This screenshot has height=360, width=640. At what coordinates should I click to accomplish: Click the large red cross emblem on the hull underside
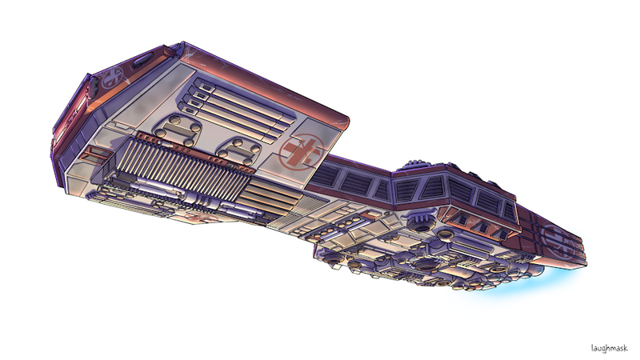click(302, 151)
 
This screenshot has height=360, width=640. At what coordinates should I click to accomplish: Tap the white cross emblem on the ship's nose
click(112, 78)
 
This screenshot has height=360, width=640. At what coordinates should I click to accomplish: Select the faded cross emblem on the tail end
click(558, 242)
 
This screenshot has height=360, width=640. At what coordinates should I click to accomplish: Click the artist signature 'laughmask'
click(609, 348)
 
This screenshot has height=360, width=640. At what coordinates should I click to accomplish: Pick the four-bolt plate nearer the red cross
click(238, 150)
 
